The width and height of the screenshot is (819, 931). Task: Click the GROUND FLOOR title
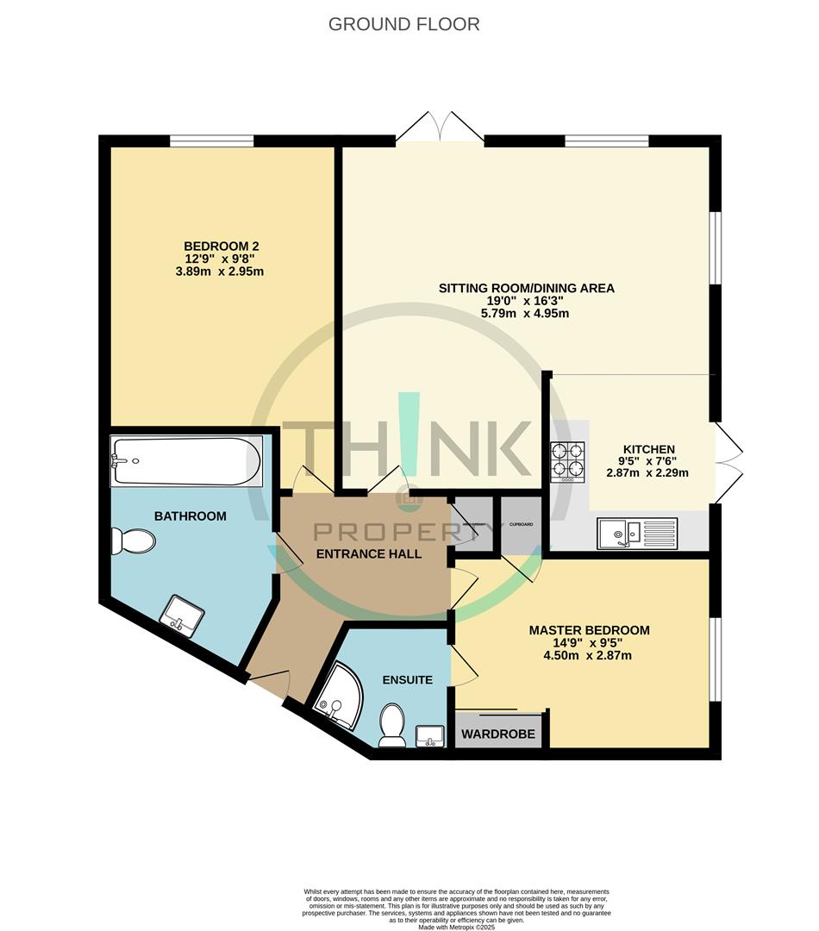(x=403, y=24)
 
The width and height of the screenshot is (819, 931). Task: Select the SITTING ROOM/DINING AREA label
(x=526, y=288)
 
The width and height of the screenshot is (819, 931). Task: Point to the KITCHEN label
(x=648, y=449)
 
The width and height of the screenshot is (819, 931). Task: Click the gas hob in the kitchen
(x=567, y=461)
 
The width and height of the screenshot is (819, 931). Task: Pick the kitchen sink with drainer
(x=638, y=533)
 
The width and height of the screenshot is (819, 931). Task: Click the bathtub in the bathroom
(x=185, y=461)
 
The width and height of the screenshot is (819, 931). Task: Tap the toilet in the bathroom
(x=133, y=541)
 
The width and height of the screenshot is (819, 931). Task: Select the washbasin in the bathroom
(x=184, y=615)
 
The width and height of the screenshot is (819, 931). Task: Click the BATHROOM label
(x=190, y=516)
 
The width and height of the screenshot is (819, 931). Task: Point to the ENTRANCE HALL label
(x=369, y=553)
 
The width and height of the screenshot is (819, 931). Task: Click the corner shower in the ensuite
(x=338, y=697)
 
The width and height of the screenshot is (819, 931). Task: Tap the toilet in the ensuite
(x=392, y=726)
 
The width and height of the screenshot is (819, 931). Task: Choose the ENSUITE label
(x=408, y=679)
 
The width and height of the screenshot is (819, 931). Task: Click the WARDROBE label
(x=498, y=735)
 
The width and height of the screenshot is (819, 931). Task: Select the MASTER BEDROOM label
(x=589, y=630)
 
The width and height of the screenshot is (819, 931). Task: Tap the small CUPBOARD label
(x=521, y=524)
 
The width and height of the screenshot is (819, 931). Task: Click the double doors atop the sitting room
(x=440, y=127)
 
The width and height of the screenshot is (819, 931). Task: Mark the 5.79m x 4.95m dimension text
(x=526, y=314)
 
